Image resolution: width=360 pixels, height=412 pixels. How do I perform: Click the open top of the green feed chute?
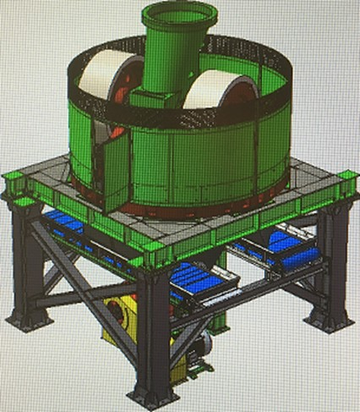click(178, 14)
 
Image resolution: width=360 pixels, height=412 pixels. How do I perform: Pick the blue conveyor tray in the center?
click(195, 279)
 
